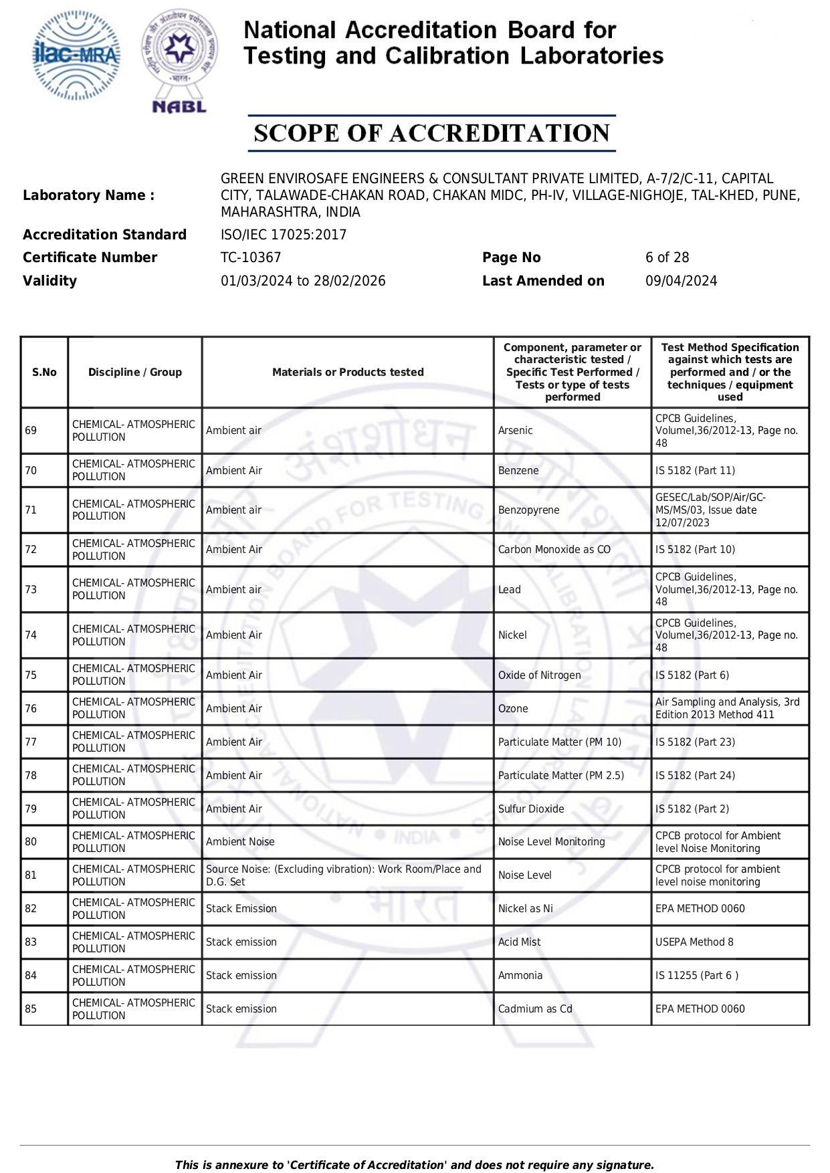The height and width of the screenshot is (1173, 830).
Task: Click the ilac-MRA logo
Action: (76, 56)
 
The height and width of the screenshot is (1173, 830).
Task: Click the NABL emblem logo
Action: (179, 60)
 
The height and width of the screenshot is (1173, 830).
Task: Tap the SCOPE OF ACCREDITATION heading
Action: (431, 133)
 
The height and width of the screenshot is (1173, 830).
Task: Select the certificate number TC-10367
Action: (251, 257)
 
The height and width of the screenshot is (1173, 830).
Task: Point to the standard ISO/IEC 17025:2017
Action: (284, 235)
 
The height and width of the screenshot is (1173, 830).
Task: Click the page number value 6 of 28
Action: (667, 257)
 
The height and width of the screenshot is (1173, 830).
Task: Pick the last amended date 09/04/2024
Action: (681, 281)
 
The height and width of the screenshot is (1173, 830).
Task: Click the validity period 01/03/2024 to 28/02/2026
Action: (303, 281)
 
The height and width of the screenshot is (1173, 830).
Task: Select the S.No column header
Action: (44, 372)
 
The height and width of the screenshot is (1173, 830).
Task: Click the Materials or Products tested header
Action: (348, 372)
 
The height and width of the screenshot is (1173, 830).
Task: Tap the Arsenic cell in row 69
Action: (516, 431)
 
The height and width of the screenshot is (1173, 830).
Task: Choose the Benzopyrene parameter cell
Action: (528, 510)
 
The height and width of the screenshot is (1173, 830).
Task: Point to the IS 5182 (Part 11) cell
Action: (695, 471)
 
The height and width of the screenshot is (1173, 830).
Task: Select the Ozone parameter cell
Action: (513, 709)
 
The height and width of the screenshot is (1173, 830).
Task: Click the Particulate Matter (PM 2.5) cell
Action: (560, 776)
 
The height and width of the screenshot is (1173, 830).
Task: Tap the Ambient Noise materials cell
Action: (240, 842)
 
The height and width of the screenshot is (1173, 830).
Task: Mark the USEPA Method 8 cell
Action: (694, 942)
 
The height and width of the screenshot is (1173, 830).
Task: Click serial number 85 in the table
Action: (31, 1009)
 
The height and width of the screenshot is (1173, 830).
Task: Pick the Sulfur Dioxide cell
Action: (531, 809)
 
